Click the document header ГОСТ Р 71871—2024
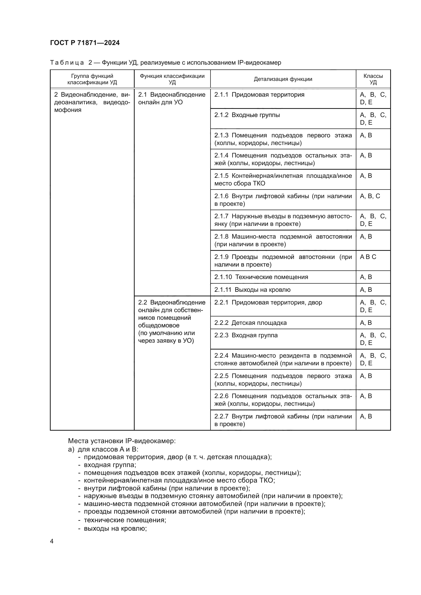point(85,43)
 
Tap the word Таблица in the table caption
point(67,63)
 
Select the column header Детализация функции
point(283,79)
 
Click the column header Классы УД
point(373,79)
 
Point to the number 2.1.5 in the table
point(221,176)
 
